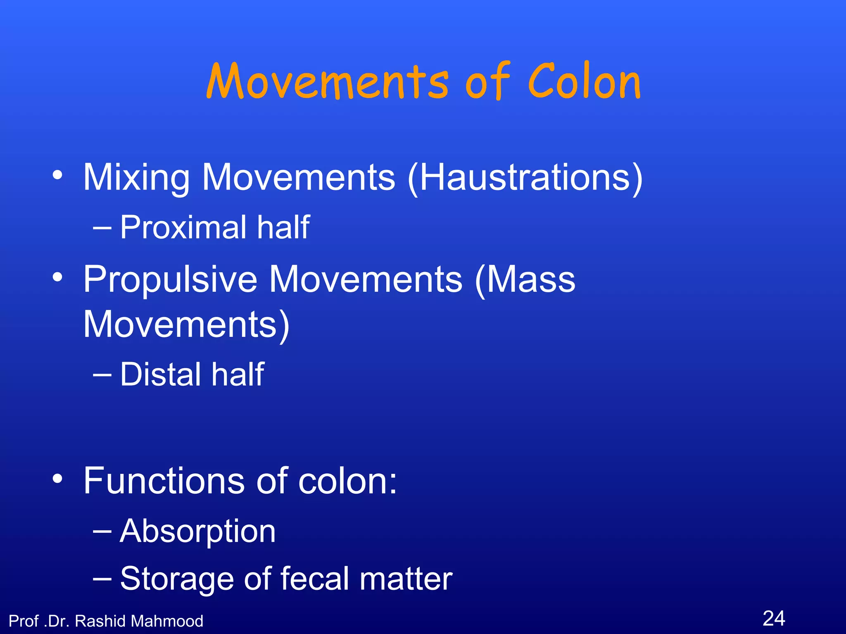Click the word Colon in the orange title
pyautogui.click(x=584, y=82)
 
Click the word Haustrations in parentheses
pyautogui.click(x=525, y=177)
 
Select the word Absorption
pyautogui.click(x=197, y=531)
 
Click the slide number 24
pyautogui.click(x=774, y=618)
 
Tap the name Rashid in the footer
pyautogui.click(x=100, y=621)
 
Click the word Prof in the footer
pyautogui.click(x=24, y=621)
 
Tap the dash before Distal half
pyautogui.click(x=102, y=375)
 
